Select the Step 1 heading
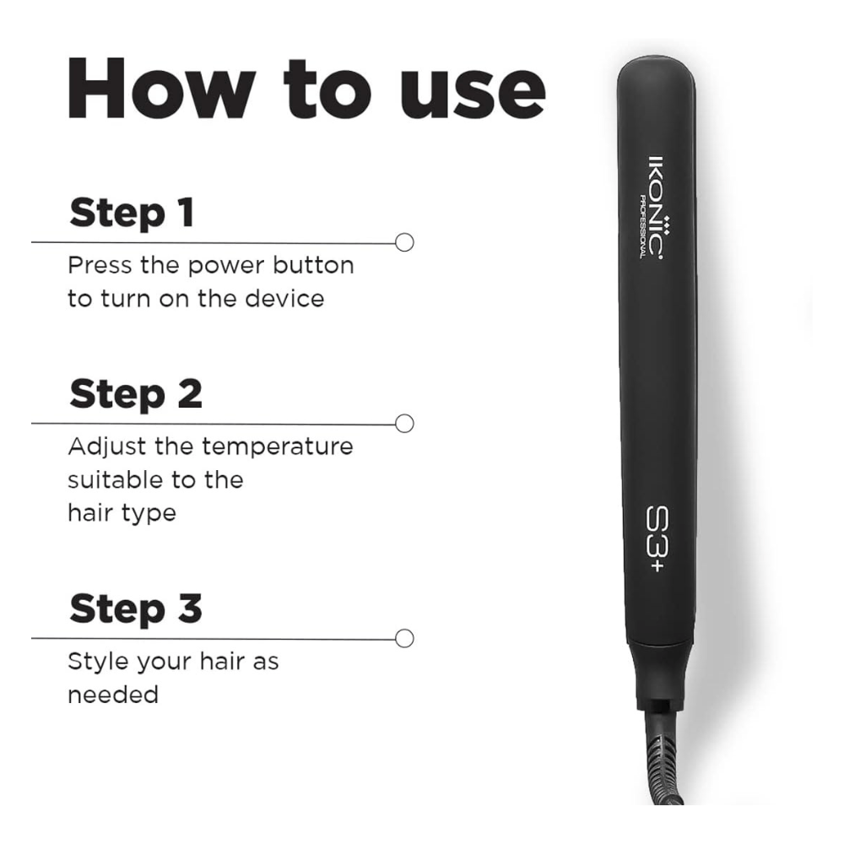(x=132, y=213)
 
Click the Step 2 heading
(x=136, y=393)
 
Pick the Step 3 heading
(x=136, y=609)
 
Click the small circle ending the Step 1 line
(x=404, y=242)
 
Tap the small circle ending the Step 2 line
(x=404, y=423)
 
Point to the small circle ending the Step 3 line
(x=404, y=638)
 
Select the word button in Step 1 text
(x=313, y=265)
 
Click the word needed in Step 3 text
(x=113, y=695)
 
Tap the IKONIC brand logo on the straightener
(x=656, y=207)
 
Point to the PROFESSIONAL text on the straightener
(x=642, y=226)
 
